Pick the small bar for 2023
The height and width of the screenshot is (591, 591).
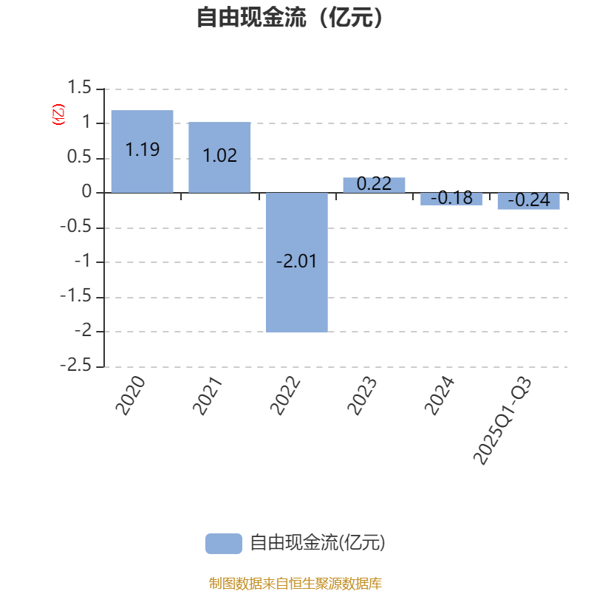pyautogui.click(x=374, y=185)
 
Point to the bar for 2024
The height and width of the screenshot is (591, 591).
pyautogui.click(x=451, y=199)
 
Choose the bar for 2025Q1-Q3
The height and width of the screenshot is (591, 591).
pyautogui.click(x=528, y=201)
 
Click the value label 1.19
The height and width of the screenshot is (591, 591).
pyautogui.click(x=142, y=150)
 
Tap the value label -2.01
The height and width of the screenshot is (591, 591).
pyautogui.click(x=296, y=262)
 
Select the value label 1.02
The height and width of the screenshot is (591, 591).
pyautogui.click(x=219, y=156)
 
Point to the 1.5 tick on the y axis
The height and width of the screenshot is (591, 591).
pyautogui.click(x=79, y=89)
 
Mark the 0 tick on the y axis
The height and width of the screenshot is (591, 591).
pyautogui.click(x=87, y=192)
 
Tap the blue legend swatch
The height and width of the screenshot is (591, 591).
pyautogui.click(x=223, y=543)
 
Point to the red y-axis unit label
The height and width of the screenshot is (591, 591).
pyautogui.click(x=58, y=115)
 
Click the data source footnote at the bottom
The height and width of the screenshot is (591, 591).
pyautogui.click(x=295, y=583)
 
